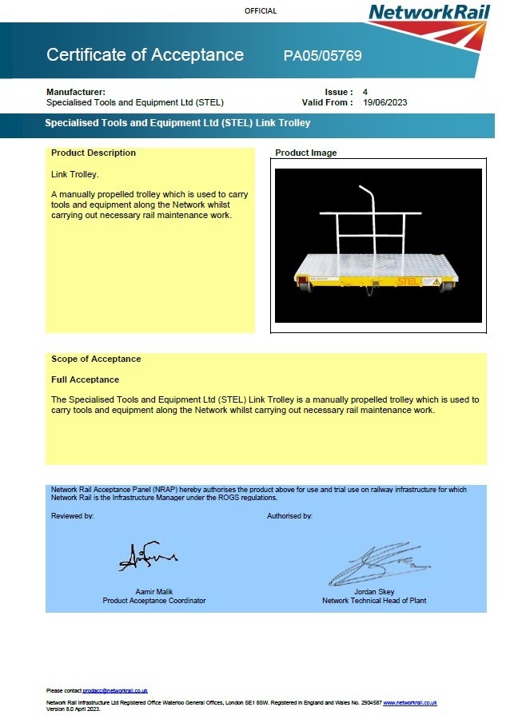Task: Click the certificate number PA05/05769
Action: (322, 56)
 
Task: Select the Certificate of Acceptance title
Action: (145, 55)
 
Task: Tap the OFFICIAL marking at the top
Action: (261, 11)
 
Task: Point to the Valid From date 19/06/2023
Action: (385, 102)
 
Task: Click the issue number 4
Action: (365, 92)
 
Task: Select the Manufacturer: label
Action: (76, 92)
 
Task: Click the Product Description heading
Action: (94, 153)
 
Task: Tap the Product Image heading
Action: (306, 153)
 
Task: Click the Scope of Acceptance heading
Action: (96, 359)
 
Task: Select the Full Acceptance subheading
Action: (85, 379)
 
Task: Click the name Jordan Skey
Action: (374, 592)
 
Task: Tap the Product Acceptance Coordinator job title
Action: (154, 601)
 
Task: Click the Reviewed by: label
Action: (73, 516)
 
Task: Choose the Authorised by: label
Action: (289, 516)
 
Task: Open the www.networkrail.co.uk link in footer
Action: (409, 702)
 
